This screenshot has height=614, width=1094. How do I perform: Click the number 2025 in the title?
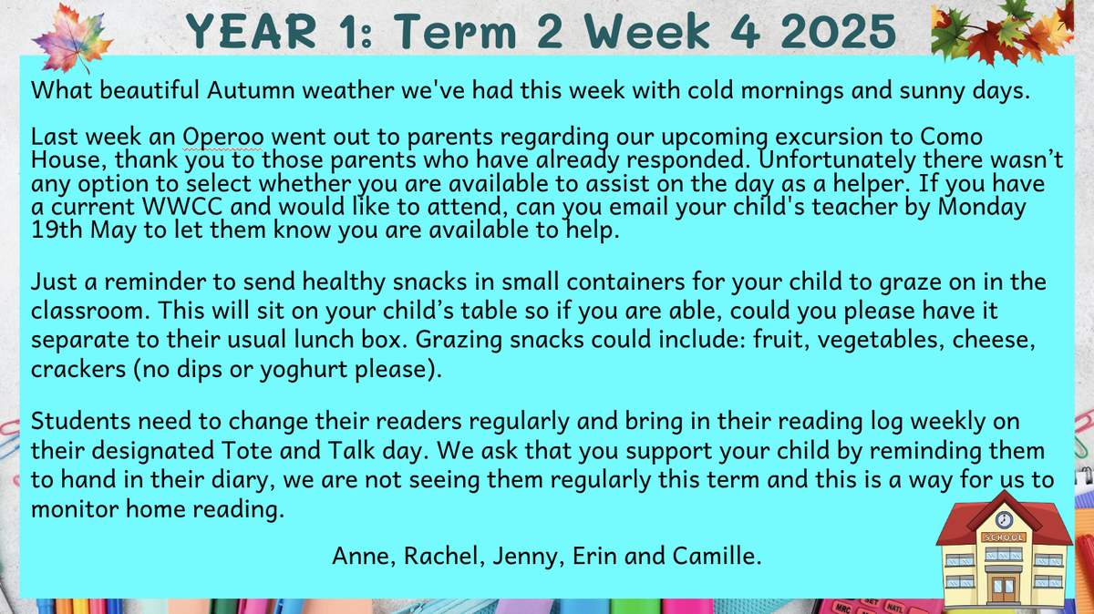(838, 31)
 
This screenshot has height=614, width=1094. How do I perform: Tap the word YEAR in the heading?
(252, 31)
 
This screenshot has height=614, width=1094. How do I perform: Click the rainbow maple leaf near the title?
(72, 39)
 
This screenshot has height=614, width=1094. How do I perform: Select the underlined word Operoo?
(223, 137)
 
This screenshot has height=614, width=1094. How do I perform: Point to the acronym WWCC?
(182, 207)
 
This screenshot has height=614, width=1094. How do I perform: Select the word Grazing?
(459, 340)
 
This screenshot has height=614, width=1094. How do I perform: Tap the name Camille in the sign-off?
(717, 556)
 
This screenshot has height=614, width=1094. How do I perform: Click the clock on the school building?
(1004, 520)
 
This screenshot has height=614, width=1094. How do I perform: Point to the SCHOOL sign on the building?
(1004, 537)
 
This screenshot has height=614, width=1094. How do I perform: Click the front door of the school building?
(1003, 589)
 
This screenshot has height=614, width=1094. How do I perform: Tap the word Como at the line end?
(952, 137)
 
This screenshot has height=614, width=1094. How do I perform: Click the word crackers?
(78, 369)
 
